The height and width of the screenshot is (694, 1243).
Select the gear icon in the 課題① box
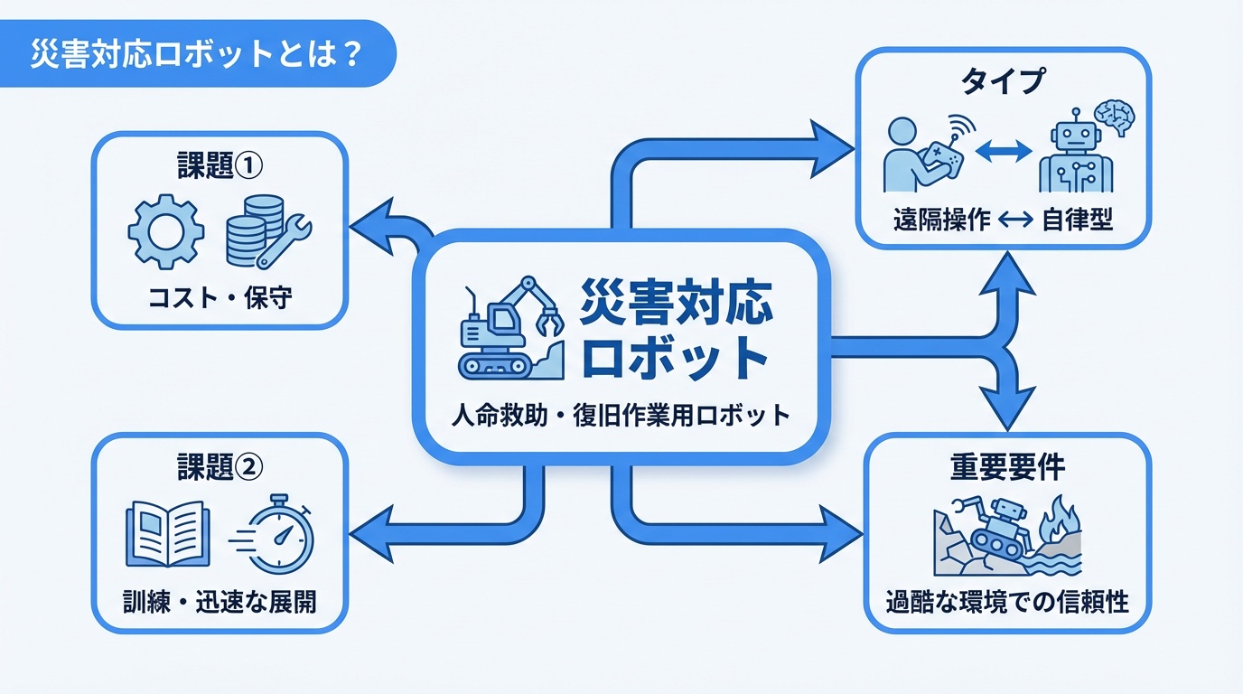click(x=164, y=230)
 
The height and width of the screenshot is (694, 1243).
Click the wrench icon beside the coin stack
click(x=284, y=240)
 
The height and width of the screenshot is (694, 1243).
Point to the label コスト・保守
click(x=220, y=298)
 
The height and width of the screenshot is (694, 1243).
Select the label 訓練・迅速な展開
click(x=220, y=601)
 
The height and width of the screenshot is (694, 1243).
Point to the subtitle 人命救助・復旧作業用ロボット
click(x=621, y=417)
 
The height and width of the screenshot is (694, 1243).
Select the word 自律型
click(x=1077, y=220)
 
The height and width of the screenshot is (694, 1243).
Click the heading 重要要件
click(x=1007, y=467)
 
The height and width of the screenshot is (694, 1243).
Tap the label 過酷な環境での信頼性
click(x=1007, y=601)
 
